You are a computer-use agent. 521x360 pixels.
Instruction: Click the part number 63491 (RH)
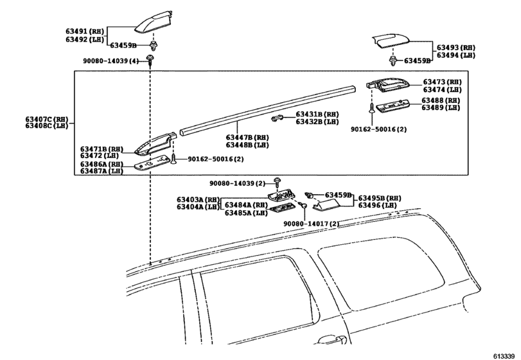point(85,32)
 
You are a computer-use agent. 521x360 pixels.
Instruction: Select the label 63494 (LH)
point(455,55)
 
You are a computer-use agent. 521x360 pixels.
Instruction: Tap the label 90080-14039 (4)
point(110,61)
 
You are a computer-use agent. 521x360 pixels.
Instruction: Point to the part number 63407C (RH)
point(46,119)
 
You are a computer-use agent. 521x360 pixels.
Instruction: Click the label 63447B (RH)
point(247,138)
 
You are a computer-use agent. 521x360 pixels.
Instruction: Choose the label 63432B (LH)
point(317,122)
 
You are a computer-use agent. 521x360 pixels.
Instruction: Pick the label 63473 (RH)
point(442,82)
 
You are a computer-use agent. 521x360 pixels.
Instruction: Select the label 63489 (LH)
point(441,108)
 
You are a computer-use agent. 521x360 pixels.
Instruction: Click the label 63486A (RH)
point(102,164)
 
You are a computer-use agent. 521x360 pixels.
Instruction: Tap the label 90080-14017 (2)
point(312,224)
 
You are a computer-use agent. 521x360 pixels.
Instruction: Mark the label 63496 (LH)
point(378,206)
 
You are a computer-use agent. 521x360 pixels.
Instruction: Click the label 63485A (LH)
point(246,213)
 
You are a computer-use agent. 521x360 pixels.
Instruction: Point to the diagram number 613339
point(504,356)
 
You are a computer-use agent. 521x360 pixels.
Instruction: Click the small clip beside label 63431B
point(277,118)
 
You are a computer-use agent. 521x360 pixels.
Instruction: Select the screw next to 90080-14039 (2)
point(276,183)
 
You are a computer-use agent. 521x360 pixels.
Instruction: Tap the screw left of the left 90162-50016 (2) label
point(173,159)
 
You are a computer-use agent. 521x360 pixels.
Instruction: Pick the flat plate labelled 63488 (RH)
point(393,105)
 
